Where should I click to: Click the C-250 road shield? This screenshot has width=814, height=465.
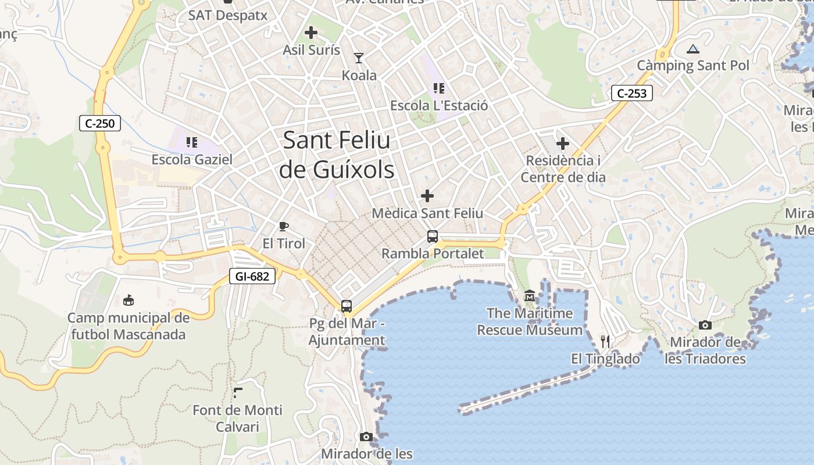point(100,123)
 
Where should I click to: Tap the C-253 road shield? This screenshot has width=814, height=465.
point(632,93)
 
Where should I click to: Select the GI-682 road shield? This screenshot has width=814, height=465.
point(252,276)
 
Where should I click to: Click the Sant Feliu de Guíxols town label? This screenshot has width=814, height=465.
point(337,155)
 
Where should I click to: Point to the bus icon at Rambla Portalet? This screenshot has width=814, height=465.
point(433,237)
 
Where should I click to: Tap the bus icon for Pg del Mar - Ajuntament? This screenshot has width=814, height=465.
point(347,306)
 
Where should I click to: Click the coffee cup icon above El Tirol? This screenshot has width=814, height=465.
point(284,226)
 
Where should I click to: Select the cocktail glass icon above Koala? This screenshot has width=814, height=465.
point(359,58)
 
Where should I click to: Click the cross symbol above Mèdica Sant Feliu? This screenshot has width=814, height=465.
point(427,196)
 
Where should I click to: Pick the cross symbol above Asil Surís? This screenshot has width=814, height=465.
point(311,33)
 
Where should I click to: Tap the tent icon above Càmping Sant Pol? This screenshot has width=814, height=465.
point(692,49)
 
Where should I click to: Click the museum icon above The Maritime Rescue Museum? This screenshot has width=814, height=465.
point(530,296)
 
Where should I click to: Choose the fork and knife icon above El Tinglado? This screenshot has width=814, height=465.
point(605,341)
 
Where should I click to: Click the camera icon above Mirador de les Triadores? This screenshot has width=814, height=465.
point(705,325)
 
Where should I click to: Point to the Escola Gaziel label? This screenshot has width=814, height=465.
point(192,159)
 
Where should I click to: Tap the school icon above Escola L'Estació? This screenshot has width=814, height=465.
point(439,88)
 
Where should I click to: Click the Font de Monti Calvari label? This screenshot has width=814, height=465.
point(237,419)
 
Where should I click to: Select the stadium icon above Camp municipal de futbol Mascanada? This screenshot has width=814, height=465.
point(128,301)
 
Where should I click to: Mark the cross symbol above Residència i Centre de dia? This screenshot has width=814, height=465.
point(563,143)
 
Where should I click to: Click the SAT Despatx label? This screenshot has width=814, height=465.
point(228,15)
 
